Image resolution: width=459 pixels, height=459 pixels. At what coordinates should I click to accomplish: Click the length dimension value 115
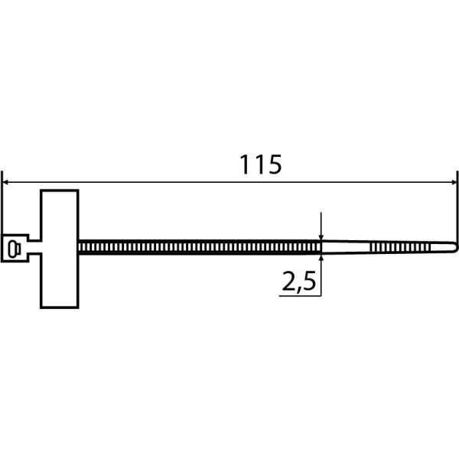click(261, 164)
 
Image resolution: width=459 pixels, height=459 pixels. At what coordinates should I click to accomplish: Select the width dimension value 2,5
click(299, 282)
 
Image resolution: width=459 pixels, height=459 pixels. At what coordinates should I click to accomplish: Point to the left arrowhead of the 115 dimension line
click(5, 182)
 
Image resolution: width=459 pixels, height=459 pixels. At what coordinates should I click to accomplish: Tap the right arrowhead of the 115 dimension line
click(454, 182)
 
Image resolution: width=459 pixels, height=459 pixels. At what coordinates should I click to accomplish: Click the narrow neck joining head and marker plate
click(34, 247)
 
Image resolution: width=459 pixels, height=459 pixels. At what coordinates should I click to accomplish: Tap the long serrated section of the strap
click(200, 247)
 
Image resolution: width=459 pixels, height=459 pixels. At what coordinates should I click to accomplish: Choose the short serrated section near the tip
click(400, 247)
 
